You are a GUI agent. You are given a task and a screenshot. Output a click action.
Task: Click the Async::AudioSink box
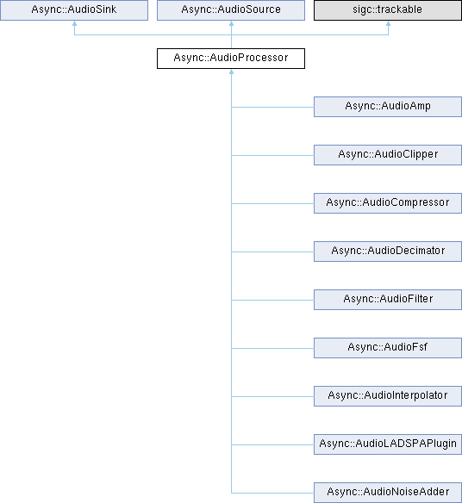pyautogui.click(x=74, y=10)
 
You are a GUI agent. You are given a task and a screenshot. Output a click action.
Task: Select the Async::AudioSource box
pyautogui.click(x=231, y=10)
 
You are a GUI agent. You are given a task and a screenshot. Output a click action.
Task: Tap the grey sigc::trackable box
pyautogui.click(x=388, y=10)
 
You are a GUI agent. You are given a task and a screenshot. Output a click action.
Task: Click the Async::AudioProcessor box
pyautogui.click(x=231, y=59)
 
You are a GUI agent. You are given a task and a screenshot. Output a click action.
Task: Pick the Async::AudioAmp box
pyautogui.click(x=388, y=107)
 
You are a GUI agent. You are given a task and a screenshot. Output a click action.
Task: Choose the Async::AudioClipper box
pyautogui.click(x=388, y=155)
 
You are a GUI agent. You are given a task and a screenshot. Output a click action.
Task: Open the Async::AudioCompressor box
pyautogui.click(x=388, y=203)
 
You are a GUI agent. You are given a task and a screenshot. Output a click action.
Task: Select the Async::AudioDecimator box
pyautogui.click(x=388, y=251)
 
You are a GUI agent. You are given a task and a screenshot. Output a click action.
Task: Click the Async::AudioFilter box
pyautogui.click(x=388, y=300)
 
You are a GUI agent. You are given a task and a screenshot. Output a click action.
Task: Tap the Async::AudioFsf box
pyautogui.click(x=388, y=348)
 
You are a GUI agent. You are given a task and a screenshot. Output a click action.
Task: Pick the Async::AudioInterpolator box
pyautogui.click(x=388, y=396)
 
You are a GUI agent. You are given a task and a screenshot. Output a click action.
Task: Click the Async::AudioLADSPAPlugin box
pyautogui.click(x=388, y=444)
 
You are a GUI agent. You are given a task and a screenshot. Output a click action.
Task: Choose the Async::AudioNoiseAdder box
pyautogui.click(x=388, y=493)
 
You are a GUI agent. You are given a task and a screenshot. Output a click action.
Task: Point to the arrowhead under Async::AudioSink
pyautogui.click(x=74, y=23)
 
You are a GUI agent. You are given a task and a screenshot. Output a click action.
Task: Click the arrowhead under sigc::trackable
pyautogui.click(x=388, y=23)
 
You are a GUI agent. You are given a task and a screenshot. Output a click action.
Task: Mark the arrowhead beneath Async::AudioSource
pyautogui.click(x=231, y=23)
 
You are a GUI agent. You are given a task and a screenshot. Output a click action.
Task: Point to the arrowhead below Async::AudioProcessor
pyautogui.click(x=231, y=71)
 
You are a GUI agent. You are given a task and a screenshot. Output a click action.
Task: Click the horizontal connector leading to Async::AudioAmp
pyautogui.click(x=272, y=107)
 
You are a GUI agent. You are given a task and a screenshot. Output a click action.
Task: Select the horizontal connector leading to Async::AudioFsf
pyautogui.click(x=272, y=348)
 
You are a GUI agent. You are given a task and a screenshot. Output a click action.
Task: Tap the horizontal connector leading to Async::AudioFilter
pyautogui.click(x=272, y=300)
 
